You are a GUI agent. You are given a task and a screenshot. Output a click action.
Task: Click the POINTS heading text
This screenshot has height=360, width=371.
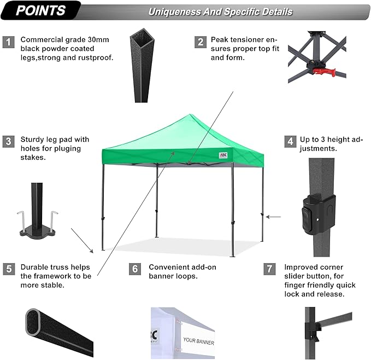click(x=40, y=10)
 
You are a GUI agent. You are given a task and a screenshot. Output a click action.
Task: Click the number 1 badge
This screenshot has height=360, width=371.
click(x=8, y=42)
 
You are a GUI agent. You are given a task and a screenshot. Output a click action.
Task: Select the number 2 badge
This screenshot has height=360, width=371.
click(x=201, y=42)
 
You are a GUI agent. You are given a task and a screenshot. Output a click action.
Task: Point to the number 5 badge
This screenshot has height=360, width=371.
click(x=8, y=269)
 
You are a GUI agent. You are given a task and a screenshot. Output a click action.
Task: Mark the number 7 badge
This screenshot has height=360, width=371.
click(x=268, y=269)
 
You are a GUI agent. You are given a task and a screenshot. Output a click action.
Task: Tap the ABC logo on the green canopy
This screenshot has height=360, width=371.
click(x=222, y=154)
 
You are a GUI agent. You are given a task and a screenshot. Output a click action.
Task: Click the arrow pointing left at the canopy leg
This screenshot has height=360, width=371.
click(x=273, y=217)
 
